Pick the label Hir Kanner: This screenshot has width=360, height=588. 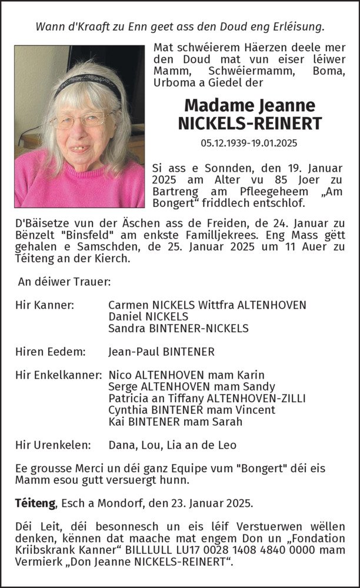coord(45,305)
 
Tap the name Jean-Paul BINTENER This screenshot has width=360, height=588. coord(162,352)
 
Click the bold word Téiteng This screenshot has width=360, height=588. coord(35,503)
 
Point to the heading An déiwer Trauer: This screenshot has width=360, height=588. coord(64,282)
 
